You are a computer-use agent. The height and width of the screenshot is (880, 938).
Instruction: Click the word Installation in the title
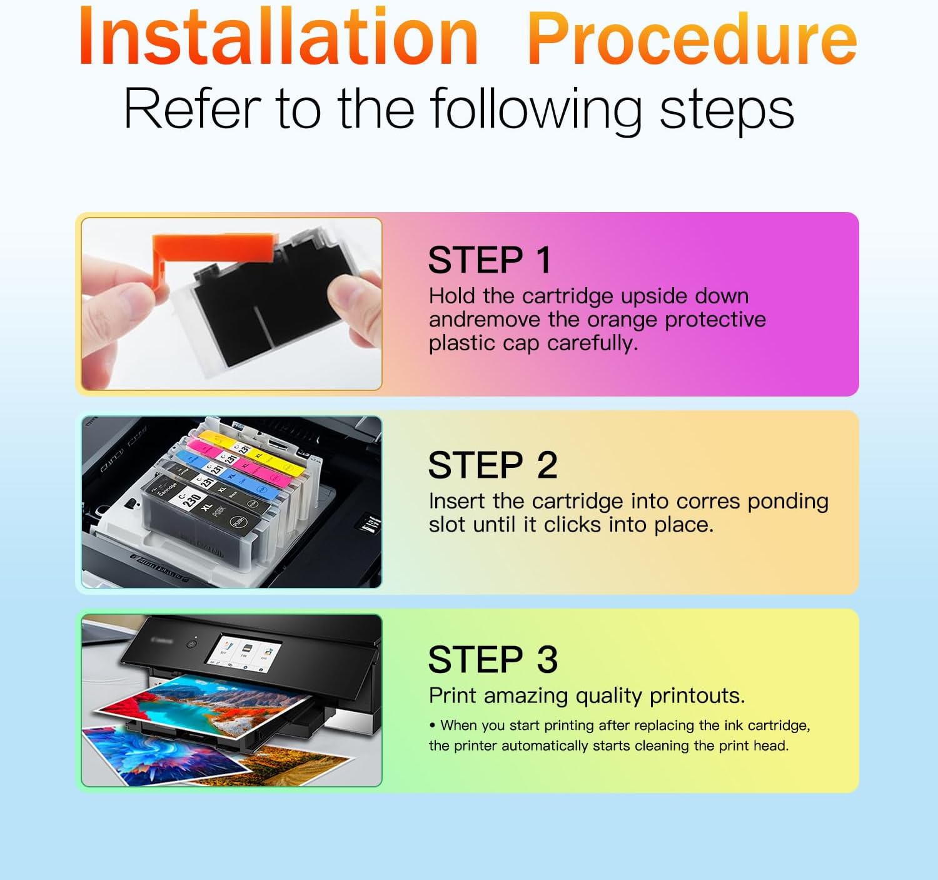pos(278,36)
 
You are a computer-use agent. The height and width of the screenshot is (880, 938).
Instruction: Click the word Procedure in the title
pos(692,39)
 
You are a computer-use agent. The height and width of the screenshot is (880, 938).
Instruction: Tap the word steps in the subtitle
pos(727,109)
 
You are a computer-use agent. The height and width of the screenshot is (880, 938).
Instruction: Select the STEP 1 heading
pos(490,260)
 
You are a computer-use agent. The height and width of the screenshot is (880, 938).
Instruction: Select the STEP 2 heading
pos(492,465)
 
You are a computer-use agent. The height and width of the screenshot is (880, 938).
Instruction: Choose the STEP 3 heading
pos(493,660)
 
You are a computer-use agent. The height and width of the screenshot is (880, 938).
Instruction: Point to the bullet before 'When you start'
pos(432,726)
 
